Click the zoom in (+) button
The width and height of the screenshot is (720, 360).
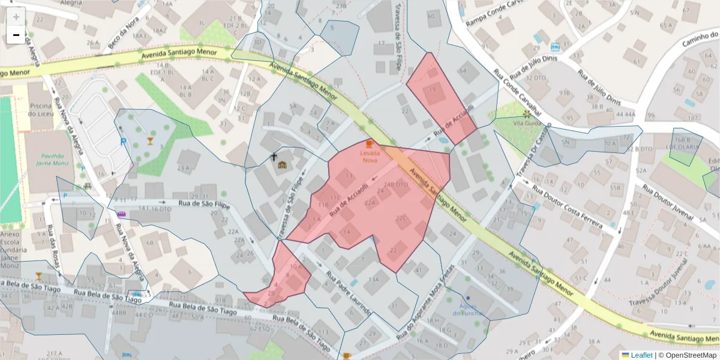[x=16, y=17]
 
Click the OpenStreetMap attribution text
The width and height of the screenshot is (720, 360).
[x=688, y=355]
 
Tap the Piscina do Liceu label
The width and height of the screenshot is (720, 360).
[x=40, y=110]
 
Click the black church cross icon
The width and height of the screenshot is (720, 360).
[x=274, y=157]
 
